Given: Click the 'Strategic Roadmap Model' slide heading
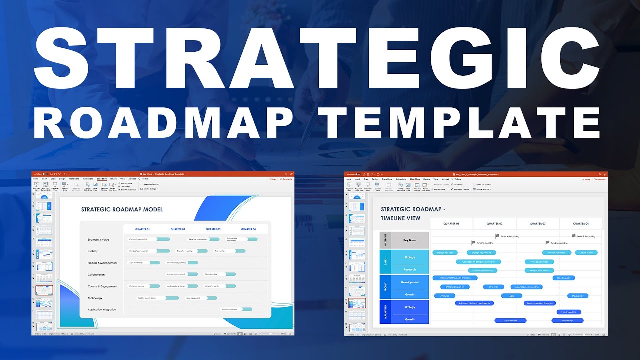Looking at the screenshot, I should coord(122,209).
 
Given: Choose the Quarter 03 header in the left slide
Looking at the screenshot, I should coord(213,229).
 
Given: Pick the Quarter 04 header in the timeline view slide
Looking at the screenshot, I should coord(580,224).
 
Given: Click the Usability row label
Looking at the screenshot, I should coord(93,251).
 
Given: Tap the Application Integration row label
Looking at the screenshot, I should coord(102,310).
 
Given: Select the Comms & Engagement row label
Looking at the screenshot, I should coord(102,286).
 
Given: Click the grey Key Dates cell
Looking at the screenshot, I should coord(410,240).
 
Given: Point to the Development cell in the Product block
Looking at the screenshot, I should coord(410,282).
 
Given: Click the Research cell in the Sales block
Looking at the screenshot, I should coord(410,270).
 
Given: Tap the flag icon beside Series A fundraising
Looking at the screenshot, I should coord(497,236).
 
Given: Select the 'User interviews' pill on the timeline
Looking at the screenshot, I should coord(510,320).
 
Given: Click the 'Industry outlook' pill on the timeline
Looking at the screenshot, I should coord(569,312).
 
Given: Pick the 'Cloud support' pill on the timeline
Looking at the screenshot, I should coord(563,278).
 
